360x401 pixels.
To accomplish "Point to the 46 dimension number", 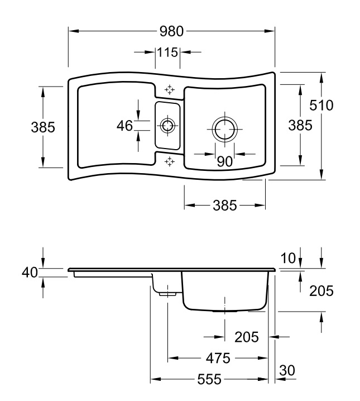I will [x=124, y=126].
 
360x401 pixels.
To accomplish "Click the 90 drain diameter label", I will [x=224, y=161].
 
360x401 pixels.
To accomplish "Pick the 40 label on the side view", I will [x=30, y=272].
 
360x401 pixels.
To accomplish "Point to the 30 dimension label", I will [x=287, y=370].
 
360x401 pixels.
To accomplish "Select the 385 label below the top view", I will [x=225, y=206].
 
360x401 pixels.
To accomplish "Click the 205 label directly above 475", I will [x=247, y=337].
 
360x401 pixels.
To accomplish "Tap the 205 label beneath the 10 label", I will [x=321, y=290].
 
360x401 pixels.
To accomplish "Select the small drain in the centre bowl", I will [x=167, y=125].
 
